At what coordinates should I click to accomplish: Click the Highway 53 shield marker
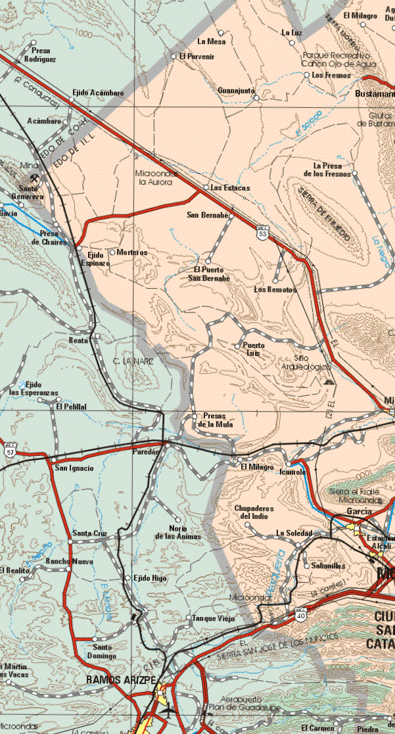point(262,233)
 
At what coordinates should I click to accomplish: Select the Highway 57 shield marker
point(9,451)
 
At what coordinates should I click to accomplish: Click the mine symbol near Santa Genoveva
point(32,178)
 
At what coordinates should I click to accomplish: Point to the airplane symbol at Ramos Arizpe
point(168,710)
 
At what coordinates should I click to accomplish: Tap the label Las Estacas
point(230,188)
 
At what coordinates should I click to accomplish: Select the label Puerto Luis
point(254,349)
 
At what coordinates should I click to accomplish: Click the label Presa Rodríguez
point(39,55)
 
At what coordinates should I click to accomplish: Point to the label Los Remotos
point(275,289)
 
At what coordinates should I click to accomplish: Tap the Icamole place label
point(292,472)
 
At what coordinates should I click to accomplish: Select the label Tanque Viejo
point(213,618)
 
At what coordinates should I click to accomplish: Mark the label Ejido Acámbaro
point(98,94)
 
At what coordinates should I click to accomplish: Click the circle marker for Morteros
point(112,252)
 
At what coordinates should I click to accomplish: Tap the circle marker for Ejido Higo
point(127,577)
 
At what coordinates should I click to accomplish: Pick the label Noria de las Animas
point(177,532)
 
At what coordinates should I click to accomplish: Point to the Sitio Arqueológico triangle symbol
point(329,381)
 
